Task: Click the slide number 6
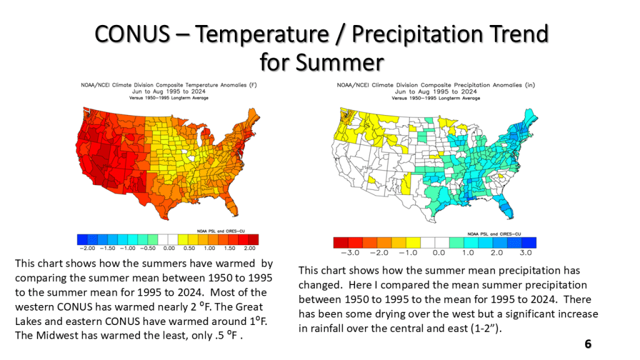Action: click(x=587, y=344)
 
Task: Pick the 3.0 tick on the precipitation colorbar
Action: click(x=526, y=252)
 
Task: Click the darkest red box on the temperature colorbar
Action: click(x=253, y=238)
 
